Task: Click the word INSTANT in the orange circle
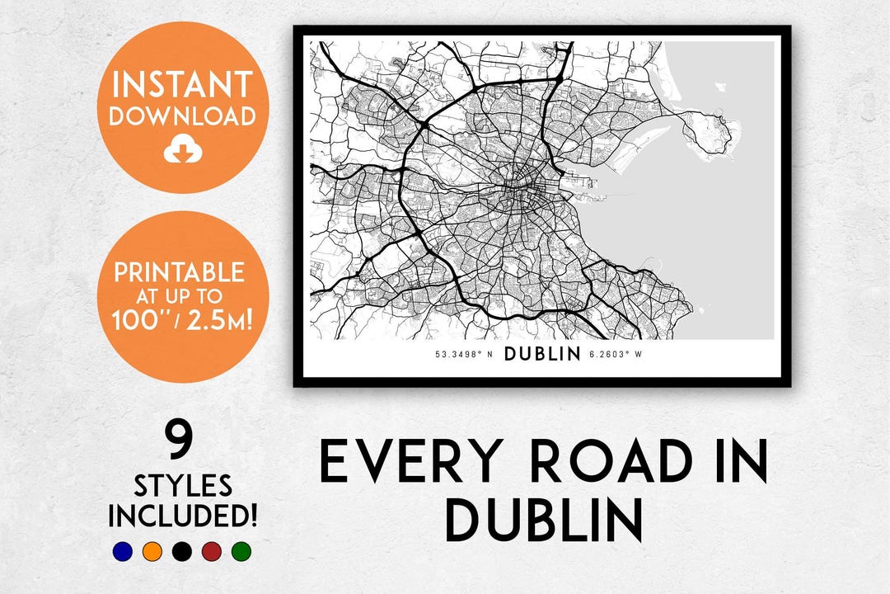(182, 84)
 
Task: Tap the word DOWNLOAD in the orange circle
(182, 116)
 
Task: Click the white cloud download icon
(182, 149)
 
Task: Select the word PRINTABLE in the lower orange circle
(180, 272)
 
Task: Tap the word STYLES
(183, 485)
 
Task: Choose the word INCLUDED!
(183, 516)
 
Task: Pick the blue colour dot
(122, 551)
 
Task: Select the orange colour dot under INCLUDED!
(152, 551)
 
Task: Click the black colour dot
(181, 551)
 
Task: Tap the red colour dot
(211, 551)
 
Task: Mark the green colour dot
(241, 551)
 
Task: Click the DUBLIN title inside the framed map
(542, 355)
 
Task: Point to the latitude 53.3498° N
(464, 356)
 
